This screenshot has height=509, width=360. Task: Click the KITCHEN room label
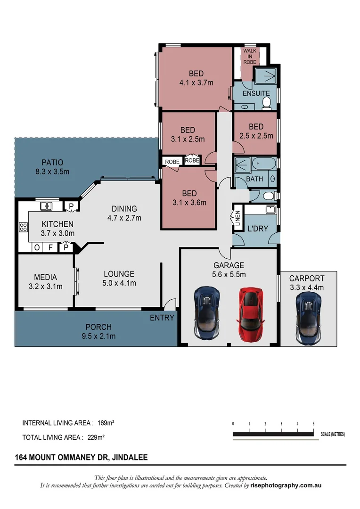[57, 224]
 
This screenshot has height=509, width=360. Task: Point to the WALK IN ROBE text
[249, 57]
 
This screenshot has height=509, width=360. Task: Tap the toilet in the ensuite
[266, 103]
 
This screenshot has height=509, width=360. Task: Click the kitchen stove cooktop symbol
[23, 227]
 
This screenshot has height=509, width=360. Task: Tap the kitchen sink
[46, 205]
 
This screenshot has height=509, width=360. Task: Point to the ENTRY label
[162, 318]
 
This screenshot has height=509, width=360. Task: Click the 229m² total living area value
[96, 437]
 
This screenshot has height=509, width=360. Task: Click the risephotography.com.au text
[286, 485]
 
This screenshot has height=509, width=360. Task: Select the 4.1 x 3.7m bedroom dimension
[196, 83]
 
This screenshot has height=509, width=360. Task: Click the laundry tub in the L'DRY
[270, 210]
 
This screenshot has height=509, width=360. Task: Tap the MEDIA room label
[45, 277]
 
